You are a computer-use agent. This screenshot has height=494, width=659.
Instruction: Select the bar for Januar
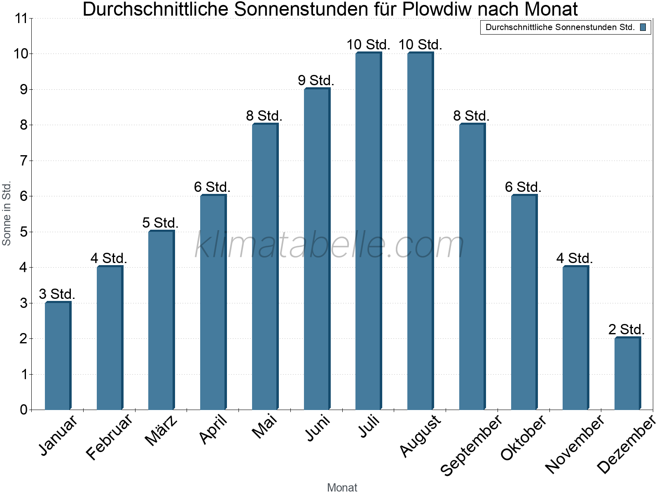(58, 356)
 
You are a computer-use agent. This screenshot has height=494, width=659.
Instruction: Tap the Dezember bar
(627, 374)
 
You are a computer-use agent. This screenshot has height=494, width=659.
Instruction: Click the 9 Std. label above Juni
(316, 80)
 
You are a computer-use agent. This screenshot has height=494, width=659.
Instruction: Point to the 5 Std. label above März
(160, 223)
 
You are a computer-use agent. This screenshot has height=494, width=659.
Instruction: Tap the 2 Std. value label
(626, 329)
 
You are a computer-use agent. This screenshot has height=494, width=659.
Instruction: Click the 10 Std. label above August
(420, 44)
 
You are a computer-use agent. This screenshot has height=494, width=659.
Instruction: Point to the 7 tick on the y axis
(24, 161)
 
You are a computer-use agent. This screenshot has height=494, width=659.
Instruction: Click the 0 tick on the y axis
(24, 410)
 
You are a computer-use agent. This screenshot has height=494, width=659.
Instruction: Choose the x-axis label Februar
(110, 437)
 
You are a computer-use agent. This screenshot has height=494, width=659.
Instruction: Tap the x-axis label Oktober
(523, 438)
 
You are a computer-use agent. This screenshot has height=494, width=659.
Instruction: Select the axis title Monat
(342, 487)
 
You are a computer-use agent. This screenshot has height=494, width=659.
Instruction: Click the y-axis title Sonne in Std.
(7, 213)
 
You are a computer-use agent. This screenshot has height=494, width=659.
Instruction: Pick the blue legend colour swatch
(643, 28)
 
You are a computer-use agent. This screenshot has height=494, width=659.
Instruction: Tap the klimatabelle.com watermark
(329, 245)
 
